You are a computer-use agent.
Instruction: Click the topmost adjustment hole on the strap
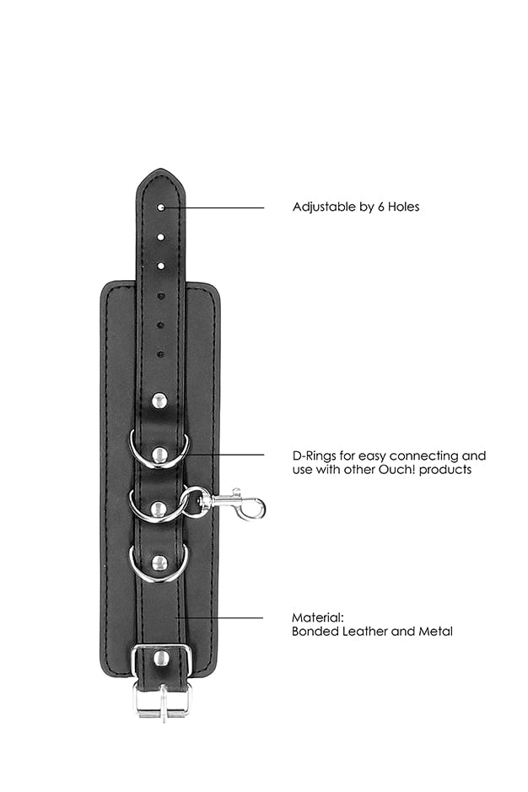(x=161, y=207)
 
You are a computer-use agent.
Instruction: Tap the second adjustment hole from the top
(x=161, y=236)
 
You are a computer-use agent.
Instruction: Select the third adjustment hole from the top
(x=161, y=265)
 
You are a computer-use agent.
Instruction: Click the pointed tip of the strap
(x=160, y=170)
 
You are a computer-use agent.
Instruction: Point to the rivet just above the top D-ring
(x=159, y=401)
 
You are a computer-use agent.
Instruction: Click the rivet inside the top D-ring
(x=159, y=454)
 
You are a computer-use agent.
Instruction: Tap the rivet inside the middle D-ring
(x=159, y=509)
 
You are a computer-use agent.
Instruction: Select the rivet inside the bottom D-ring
(x=159, y=563)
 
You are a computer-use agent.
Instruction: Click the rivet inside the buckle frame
(x=161, y=658)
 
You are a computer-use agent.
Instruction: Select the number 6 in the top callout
(x=381, y=207)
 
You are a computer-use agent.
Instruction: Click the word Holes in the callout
(x=404, y=207)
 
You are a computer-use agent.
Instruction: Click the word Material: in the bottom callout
(x=318, y=617)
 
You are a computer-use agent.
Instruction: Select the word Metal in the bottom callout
(x=435, y=631)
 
